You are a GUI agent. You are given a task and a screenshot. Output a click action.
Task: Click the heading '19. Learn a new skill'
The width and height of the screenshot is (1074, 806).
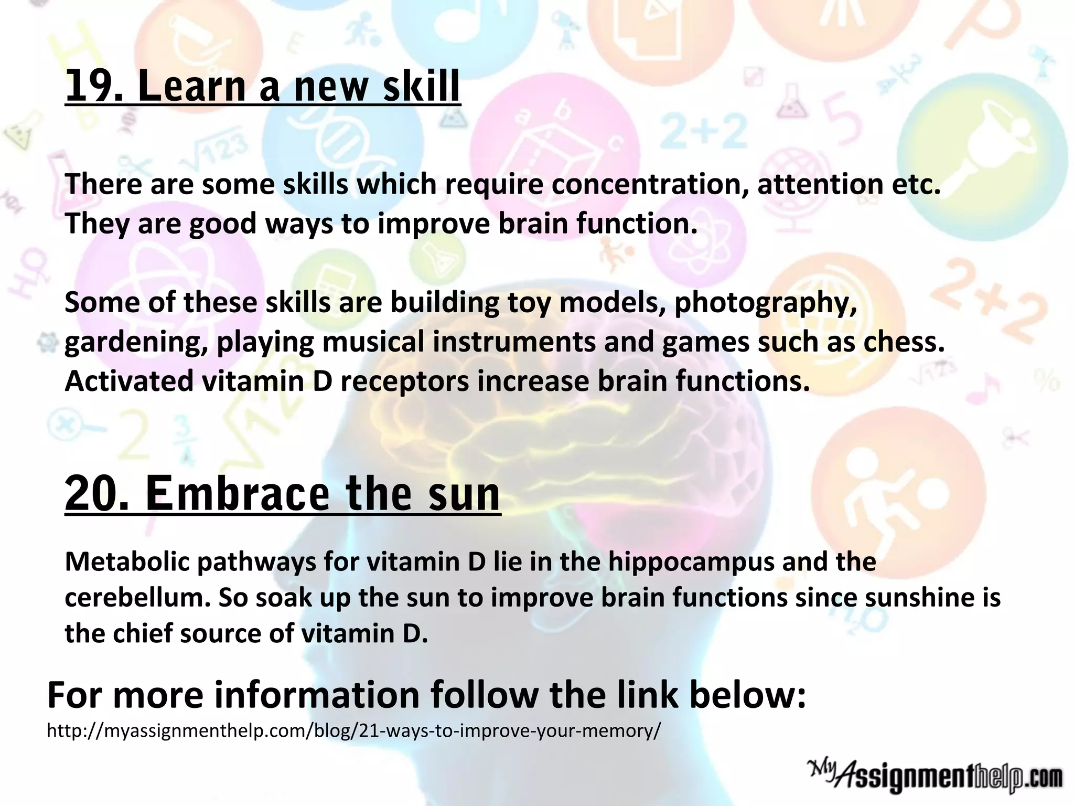[262, 86]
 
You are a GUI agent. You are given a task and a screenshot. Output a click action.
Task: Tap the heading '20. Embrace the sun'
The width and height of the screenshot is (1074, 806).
[283, 493]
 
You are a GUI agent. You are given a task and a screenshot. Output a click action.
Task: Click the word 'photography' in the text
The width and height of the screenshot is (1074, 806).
[765, 303]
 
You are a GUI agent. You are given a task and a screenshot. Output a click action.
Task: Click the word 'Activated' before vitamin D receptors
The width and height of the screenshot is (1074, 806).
[129, 381]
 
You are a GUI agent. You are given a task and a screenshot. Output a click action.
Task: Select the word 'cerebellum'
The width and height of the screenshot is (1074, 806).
[137, 598]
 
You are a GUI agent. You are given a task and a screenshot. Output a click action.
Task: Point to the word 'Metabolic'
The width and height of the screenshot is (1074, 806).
[126, 561]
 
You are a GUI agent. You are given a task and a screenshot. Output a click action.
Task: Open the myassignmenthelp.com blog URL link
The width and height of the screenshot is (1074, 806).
[354, 730]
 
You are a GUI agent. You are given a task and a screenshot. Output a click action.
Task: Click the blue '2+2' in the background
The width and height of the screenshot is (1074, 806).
[703, 131]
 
